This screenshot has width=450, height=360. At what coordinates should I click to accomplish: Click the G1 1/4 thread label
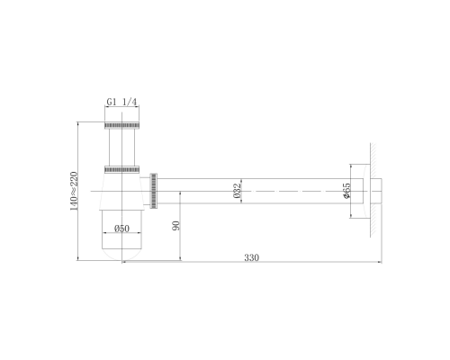pos(121,102)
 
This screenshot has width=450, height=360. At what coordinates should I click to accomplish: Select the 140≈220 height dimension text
pos(74,191)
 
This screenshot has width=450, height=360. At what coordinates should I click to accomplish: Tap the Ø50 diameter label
pos(121,229)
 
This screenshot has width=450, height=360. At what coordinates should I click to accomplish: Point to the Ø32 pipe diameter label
pos(237,191)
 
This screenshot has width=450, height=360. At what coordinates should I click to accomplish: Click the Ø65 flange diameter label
pos(346,191)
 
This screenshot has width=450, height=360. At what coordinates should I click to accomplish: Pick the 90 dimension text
pos(176,226)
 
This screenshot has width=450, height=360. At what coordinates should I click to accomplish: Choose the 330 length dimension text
pos(251,257)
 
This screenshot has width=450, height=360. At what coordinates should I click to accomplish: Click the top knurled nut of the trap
pos(121,125)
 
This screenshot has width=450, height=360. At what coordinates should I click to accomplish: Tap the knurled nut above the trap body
pos(121,169)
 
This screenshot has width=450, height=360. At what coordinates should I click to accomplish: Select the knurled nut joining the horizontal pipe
pos(153,191)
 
